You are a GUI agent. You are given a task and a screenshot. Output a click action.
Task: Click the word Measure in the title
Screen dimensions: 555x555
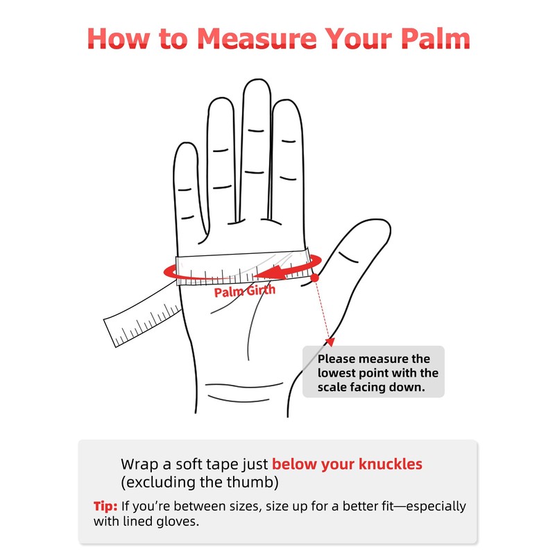[257, 38]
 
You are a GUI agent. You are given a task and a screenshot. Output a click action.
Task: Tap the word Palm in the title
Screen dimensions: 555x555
[436, 38]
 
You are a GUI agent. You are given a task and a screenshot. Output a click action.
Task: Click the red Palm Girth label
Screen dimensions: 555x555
[245, 291]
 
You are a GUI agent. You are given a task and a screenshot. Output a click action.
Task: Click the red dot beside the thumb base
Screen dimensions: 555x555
[314, 278]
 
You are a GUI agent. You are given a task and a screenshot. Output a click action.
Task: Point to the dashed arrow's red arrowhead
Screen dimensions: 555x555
[330, 341]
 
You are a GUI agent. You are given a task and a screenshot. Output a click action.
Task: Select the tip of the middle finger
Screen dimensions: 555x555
[257, 79]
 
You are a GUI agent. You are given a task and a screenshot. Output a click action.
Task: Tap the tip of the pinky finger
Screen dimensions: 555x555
[186, 143]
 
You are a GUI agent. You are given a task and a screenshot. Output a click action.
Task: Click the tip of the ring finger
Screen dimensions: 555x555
[221, 99]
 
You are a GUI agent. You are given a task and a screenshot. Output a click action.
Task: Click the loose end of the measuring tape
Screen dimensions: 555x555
[110, 334]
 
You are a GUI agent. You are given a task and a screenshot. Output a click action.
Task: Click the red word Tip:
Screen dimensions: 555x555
[105, 506]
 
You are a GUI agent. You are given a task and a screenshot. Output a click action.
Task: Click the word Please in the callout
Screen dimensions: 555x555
[336, 359]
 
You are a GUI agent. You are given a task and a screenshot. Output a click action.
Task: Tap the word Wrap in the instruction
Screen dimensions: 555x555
[139, 464]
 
